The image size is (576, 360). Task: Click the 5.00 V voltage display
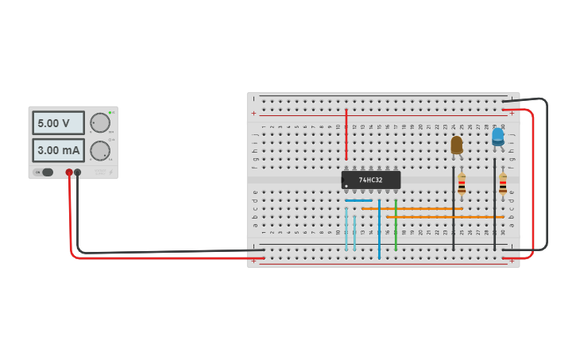coord(58,123)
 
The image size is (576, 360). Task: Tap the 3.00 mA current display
coord(58,150)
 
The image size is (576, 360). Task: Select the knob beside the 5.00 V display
coord(100,122)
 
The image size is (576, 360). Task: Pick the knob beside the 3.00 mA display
coord(100,150)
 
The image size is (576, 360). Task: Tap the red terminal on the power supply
coord(69,172)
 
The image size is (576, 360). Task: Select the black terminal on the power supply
coord(77,172)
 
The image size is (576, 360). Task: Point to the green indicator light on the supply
coord(110,113)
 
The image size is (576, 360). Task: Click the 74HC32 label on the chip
coord(370,180)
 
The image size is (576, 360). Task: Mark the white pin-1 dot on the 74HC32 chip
coord(346,187)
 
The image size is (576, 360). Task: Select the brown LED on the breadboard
coord(456,145)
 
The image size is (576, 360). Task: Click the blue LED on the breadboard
coord(497,137)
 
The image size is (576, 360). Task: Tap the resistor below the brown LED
coord(462,184)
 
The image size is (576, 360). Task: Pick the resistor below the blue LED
coord(502,184)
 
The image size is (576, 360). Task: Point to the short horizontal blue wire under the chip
coord(359,200)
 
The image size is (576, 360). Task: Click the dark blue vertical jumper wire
coord(379,230)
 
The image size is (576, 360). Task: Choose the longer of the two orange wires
coord(445,216)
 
